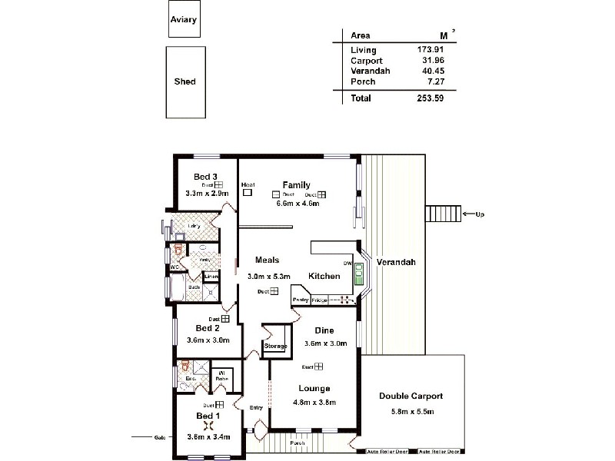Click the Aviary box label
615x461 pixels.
point(184,21)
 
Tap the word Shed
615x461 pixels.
point(184,82)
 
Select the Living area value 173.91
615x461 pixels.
point(430,51)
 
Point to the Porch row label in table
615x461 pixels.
point(363,81)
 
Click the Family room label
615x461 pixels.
point(296,185)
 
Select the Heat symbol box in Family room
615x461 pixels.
point(248,193)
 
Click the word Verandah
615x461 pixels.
point(396,263)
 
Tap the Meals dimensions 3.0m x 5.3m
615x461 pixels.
point(268,277)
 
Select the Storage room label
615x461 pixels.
point(275,347)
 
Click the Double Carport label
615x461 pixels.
point(411,396)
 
